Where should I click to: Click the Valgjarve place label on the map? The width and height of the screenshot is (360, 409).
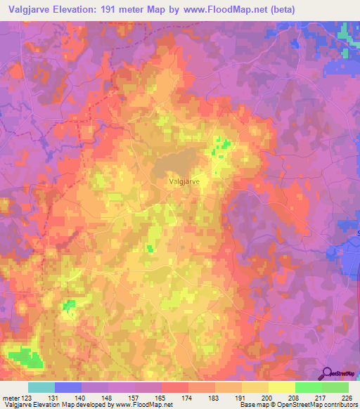[187, 180]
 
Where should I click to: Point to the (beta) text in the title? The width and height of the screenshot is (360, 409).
[279, 9]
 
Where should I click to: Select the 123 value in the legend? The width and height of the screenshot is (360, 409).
[29, 398]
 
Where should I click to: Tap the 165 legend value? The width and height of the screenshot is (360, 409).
[161, 398]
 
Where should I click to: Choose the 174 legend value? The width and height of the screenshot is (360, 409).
[188, 398]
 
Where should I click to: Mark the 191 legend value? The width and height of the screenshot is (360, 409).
[241, 398]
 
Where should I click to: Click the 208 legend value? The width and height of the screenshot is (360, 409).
[295, 398]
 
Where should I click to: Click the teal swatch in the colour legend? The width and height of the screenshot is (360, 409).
[41, 387]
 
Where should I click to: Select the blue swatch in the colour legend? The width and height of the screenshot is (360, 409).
[68, 387]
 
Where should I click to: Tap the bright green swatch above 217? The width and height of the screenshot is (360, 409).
[308, 387]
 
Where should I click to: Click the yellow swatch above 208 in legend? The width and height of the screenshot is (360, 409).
[281, 387]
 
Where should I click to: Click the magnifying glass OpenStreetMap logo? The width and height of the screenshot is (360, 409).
[326, 373]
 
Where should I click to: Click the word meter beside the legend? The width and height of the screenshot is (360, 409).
[11, 398]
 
